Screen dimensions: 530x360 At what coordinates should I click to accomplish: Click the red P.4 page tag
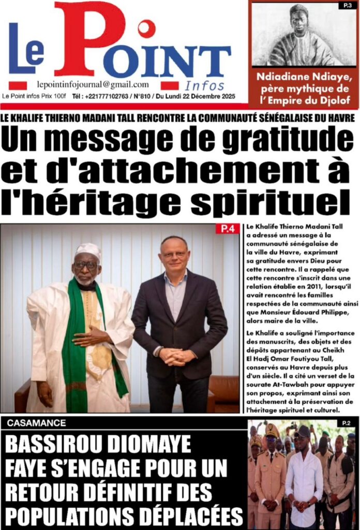(x=227, y=229)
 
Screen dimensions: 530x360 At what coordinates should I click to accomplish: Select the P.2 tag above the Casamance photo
(x=346, y=423)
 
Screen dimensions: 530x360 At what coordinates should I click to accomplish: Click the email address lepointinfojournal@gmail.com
(x=93, y=85)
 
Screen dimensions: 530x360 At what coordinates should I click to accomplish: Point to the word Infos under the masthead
(x=205, y=86)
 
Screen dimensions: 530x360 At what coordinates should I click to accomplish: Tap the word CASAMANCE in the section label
(x=37, y=423)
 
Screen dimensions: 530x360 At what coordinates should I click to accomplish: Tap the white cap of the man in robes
(x=87, y=250)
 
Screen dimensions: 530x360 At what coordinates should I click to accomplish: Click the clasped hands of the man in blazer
(x=177, y=356)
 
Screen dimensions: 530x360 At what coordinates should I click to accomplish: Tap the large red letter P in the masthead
(x=88, y=39)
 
